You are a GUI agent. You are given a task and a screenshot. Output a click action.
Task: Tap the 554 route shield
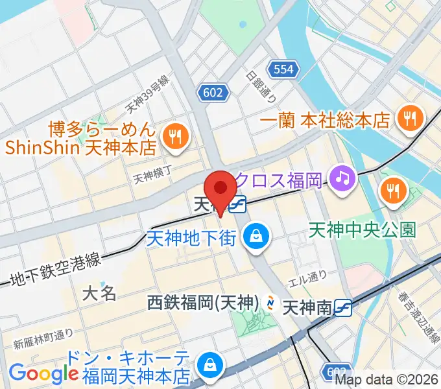[284, 69]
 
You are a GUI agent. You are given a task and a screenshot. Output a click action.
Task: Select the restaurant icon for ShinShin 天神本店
[174, 136]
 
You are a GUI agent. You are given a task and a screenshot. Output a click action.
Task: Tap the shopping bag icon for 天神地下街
[257, 236]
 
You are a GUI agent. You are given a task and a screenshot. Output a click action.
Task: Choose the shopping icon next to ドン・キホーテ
[211, 364]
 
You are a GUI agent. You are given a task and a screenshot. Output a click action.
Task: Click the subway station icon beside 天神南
[344, 307]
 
